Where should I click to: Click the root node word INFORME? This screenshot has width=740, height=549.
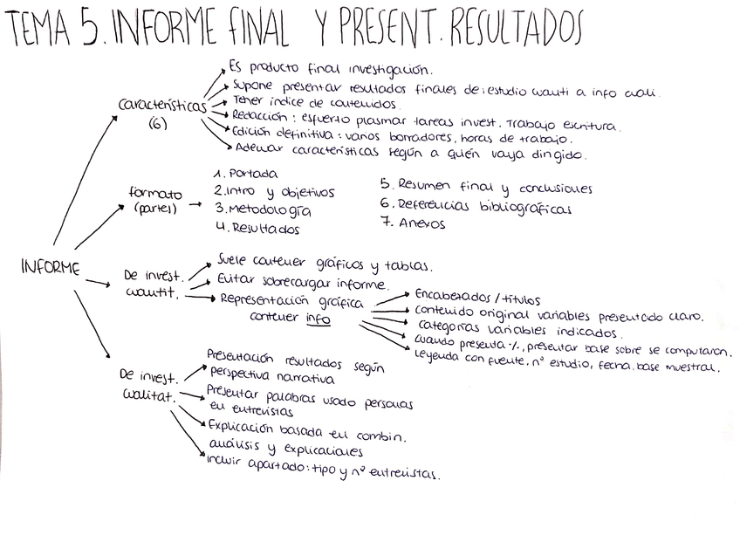(x=50, y=268)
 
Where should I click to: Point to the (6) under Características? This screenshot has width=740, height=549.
(x=159, y=124)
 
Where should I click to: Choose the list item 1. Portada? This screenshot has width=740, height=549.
(x=246, y=173)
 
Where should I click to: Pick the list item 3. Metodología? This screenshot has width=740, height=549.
(x=262, y=209)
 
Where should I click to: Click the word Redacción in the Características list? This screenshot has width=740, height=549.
(x=257, y=114)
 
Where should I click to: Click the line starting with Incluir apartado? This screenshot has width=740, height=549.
(x=323, y=473)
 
